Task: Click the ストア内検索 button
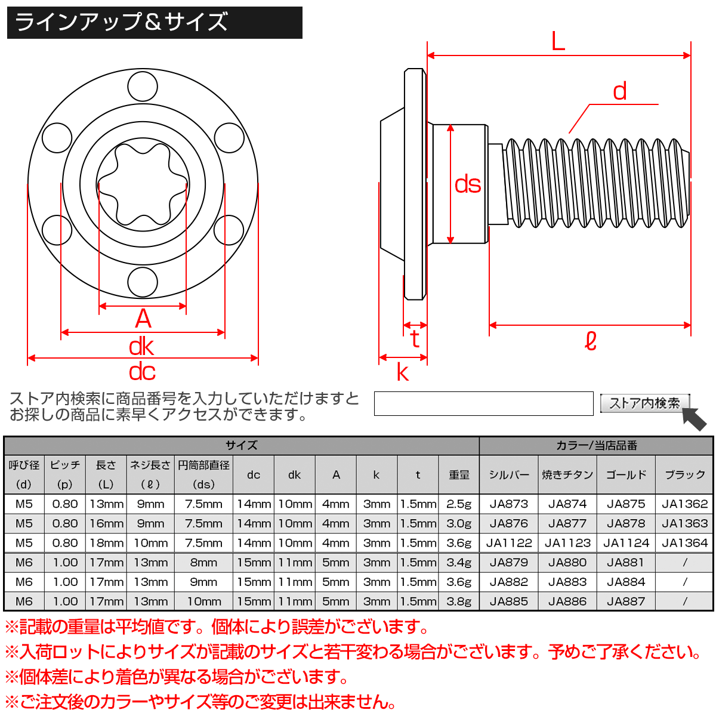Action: point(644,403)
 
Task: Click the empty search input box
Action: point(483,403)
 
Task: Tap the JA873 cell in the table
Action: point(508,504)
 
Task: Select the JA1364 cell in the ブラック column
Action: point(684,543)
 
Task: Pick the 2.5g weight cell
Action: point(459,504)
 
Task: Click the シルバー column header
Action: point(508,475)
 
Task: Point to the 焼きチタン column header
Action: point(567,475)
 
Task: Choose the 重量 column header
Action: point(459,475)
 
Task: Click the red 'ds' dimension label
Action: point(467,184)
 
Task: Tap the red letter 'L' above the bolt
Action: point(558,42)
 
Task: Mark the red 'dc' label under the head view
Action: point(142,372)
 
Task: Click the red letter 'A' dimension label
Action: point(143,319)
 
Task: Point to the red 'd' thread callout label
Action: point(620,91)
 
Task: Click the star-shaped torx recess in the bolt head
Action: point(143,184)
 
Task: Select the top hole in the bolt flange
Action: point(143,86)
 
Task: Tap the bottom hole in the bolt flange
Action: point(143,282)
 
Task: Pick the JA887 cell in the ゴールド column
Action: point(626,601)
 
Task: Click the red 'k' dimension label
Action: point(403,373)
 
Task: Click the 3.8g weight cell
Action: point(459,601)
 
